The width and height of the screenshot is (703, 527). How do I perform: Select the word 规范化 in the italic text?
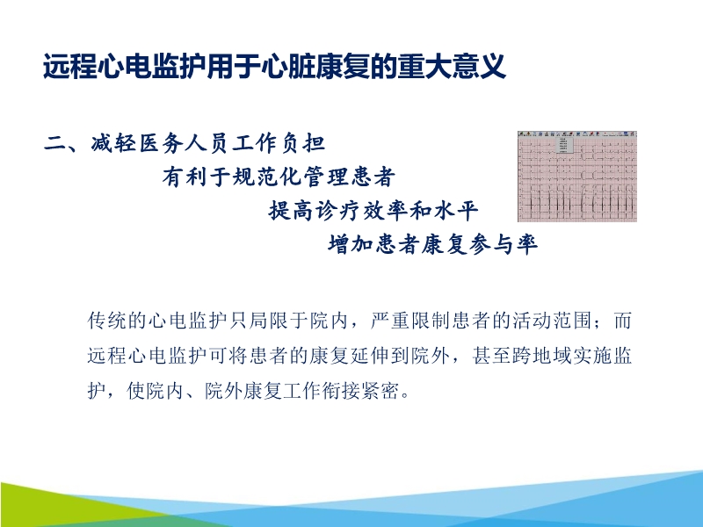267,177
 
